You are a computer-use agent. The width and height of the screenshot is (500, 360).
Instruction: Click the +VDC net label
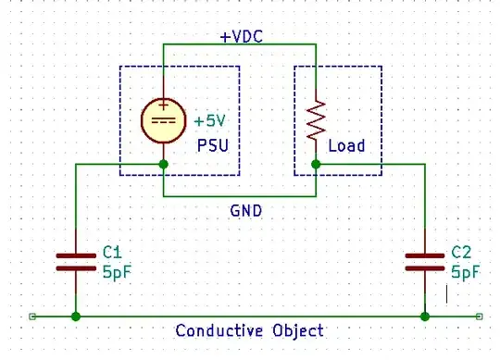tap(240, 38)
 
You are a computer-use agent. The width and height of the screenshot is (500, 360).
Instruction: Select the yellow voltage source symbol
tap(163, 121)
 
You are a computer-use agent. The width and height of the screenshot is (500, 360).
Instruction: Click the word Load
tap(347, 145)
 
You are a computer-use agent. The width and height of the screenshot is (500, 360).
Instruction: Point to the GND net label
tap(245, 210)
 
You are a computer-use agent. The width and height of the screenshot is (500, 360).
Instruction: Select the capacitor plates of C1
tap(75, 261)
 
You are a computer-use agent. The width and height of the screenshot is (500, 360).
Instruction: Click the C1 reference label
tap(112, 252)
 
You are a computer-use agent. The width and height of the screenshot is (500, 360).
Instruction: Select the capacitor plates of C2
tap(425, 261)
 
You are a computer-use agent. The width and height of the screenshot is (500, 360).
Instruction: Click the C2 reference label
tap(461, 252)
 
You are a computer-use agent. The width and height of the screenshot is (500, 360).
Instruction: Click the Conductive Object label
tap(250, 330)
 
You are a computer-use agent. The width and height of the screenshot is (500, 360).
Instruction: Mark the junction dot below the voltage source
tap(163, 165)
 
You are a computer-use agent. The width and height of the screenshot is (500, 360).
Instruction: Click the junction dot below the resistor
tap(315, 165)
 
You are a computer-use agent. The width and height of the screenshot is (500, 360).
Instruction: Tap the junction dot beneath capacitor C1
tap(75, 317)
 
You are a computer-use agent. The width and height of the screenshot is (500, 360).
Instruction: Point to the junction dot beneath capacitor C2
tap(425, 317)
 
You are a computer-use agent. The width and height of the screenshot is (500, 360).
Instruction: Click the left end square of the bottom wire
tap(32, 317)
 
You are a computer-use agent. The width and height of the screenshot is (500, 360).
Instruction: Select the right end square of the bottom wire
tap(478, 317)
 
